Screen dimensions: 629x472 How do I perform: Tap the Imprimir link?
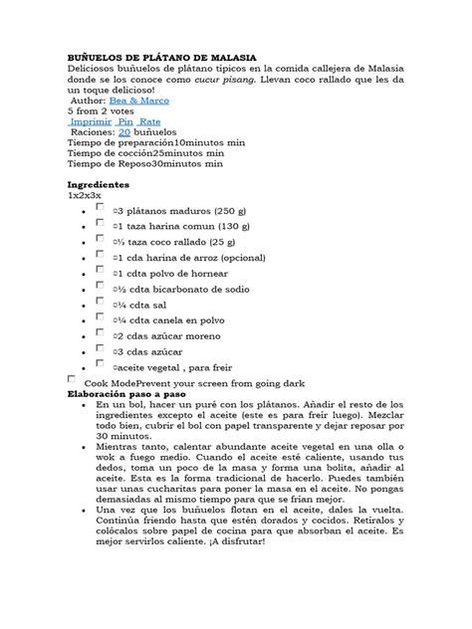pos(92,121)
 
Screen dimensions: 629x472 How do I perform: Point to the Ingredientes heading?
pos(99,185)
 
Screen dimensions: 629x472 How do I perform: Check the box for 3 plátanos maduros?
pos(100,209)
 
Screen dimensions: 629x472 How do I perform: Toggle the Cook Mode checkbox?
pos(71,380)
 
